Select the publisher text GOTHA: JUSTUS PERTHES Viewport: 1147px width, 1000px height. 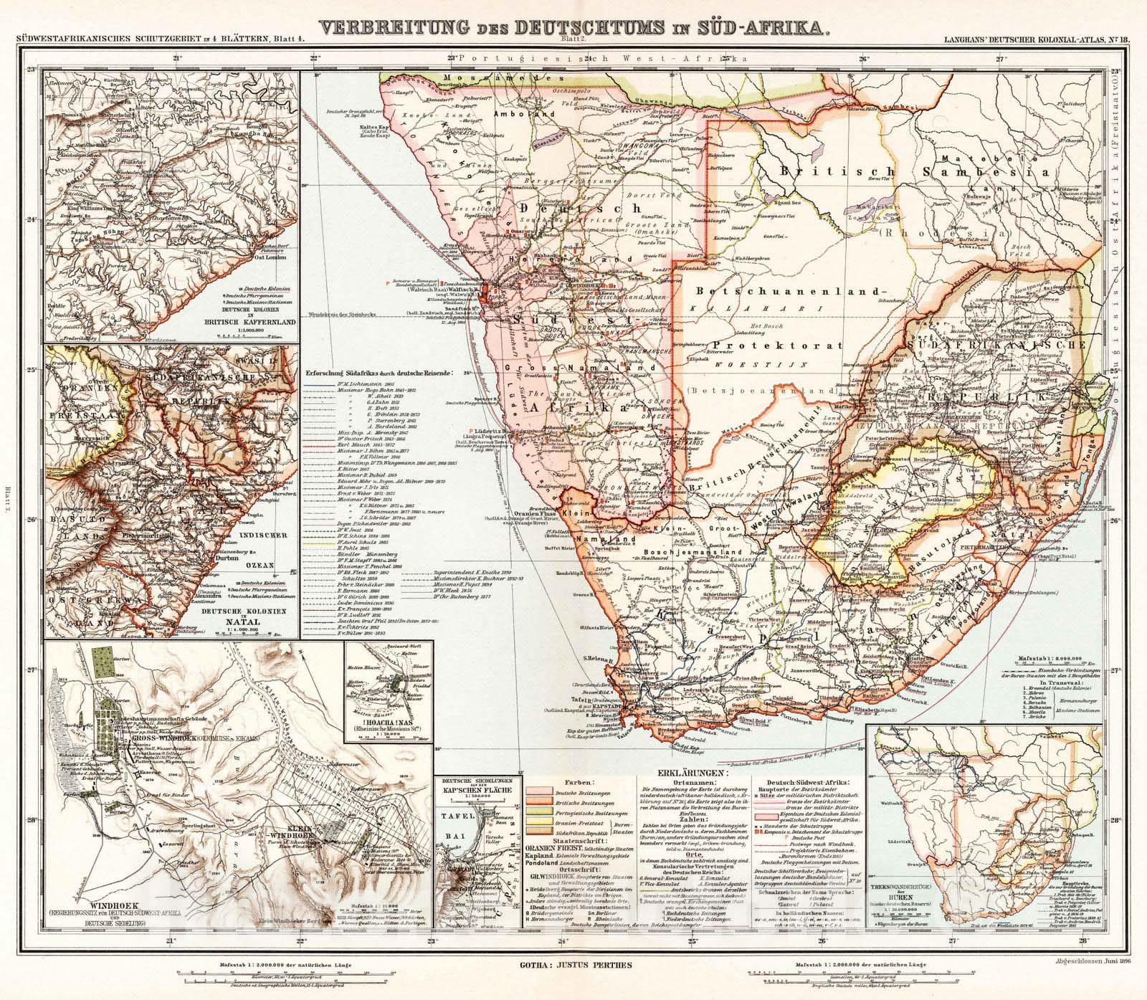pos(573,965)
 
